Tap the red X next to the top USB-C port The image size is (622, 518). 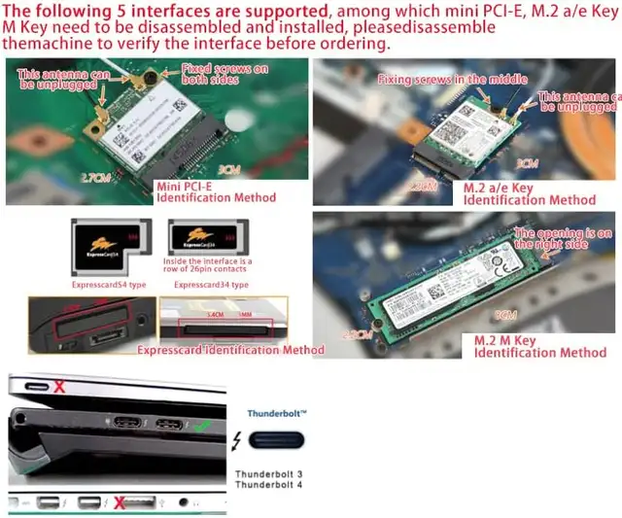click(x=60, y=387)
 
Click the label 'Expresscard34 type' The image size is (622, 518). click(x=211, y=286)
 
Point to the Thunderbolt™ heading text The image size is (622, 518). click(x=277, y=413)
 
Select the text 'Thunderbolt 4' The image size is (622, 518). click(x=268, y=485)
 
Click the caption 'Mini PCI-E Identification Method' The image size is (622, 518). click(x=216, y=190)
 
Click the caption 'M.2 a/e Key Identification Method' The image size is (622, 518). click(x=529, y=193)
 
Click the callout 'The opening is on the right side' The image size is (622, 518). click(x=563, y=239)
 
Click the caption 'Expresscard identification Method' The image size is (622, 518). click(x=230, y=350)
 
